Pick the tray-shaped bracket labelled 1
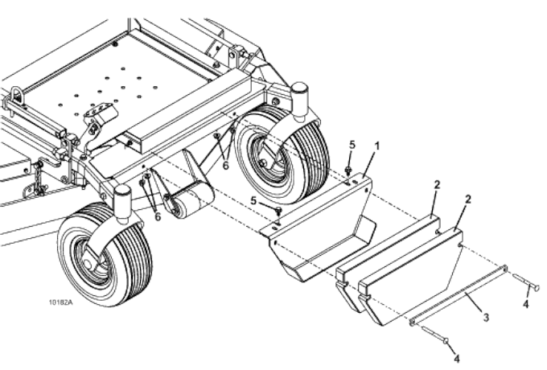pos(322,233)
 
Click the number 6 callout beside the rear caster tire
pos(226,164)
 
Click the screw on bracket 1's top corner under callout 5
pos(348,171)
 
